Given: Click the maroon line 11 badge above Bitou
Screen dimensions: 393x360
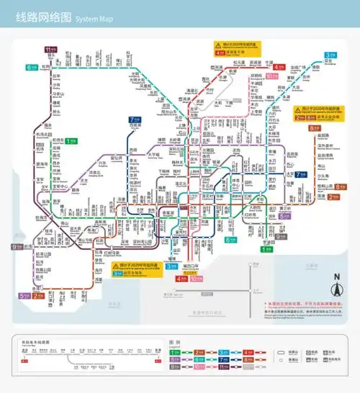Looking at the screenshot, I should click(x=50, y=49).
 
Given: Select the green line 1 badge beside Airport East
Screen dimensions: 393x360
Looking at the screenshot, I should click(x=71, y=141).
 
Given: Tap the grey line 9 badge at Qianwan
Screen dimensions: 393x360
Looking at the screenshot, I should click(x=16, y=247).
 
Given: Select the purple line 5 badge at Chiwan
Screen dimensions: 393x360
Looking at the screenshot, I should click(x=24, y=295).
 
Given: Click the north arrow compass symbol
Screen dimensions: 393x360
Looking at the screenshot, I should click(x=335, y=291).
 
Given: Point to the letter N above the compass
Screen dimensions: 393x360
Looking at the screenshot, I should click(x=335, y=278).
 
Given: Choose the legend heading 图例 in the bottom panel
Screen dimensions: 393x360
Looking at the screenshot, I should click(x=174, y=342).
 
